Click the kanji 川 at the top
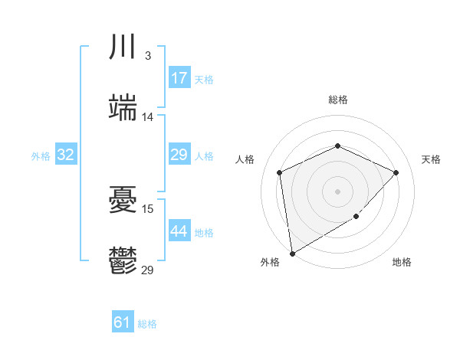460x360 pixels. [x=123, y=47]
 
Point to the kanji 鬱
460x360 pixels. [x=123, y=261]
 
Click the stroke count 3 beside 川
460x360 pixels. [x=147, y=56]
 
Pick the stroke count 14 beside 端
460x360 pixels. [x=148, y=117]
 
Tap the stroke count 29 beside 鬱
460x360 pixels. [x=148, y=270]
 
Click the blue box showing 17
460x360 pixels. [x=179, y=78]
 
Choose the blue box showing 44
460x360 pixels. [x=179, y=231]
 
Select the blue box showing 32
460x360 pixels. [x=66, y=155]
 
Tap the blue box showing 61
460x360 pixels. [x=123, y=322]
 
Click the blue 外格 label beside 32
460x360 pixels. [x=41, y=155]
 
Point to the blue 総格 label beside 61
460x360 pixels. [x=147, y=324]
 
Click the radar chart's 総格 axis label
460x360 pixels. [x=338, y=100]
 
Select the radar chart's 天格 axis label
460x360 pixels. [x=431, y=159]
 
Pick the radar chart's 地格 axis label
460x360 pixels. [x=402, y=262]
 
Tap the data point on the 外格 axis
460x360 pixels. [x=292, y=253]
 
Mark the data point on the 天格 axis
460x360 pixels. [x=396, y=172]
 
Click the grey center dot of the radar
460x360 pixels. [x=338, y=191]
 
